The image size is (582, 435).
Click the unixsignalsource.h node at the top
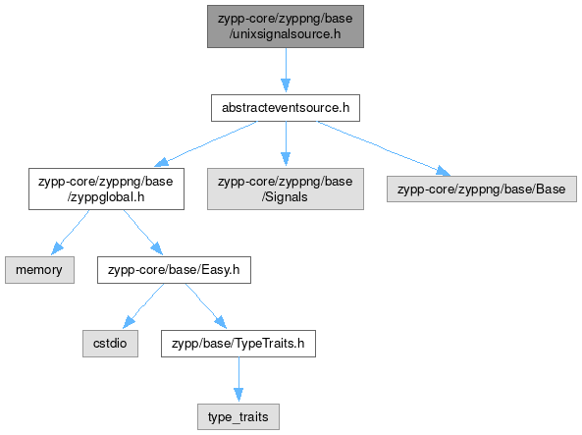pos(286,27)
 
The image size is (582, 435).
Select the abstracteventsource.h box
pos(286,108)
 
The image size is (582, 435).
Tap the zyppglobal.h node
pos(106,190)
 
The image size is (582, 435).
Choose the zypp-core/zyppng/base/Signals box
pos(286,190)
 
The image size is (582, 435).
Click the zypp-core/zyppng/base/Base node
pos(482,190)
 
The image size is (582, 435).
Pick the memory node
pos(39,270)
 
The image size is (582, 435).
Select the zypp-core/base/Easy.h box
pos(174,270)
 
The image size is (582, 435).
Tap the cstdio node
pos(110,344)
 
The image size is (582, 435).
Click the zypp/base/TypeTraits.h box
pos(238,344)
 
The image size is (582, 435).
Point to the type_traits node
pos(238,416)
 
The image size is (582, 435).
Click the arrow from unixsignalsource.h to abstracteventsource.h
pos(286,70)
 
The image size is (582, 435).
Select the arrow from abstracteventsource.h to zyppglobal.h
pos(205,143)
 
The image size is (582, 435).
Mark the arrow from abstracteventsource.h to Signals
pos(286,143)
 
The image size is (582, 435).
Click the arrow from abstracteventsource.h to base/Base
pos(384,148)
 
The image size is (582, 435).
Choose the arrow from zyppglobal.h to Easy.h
pos(143,233)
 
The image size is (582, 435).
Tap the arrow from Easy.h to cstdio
pos(143,306)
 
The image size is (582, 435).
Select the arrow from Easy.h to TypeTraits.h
pos(206,306)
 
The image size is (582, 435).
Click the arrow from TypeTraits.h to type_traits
pos(238,379)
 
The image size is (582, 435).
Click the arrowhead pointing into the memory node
pos(56,248)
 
